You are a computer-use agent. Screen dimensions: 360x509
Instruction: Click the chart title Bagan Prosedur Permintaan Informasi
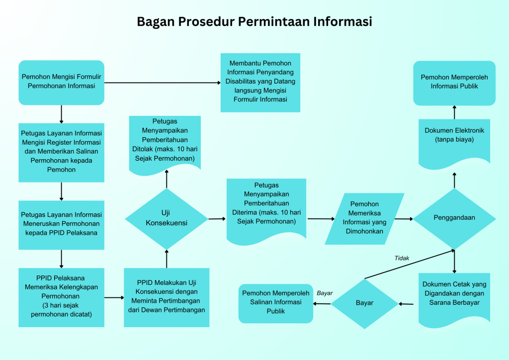[254, 22]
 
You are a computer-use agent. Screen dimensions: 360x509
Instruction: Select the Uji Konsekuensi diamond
[167, 219]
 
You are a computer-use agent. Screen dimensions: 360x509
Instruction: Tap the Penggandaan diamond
[454, 218]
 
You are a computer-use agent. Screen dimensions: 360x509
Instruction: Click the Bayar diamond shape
[364, 303]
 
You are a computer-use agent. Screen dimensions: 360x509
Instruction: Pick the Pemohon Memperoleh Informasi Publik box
[454, 82]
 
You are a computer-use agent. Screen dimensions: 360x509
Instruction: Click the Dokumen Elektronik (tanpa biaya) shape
[454, 140]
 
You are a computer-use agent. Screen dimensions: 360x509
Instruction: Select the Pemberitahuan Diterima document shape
[266, 209]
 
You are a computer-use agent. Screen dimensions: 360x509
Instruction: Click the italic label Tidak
[402, 258]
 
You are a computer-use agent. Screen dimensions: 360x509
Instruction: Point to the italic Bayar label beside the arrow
[325, 293]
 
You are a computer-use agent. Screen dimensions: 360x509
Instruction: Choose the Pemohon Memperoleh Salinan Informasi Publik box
[275, 302]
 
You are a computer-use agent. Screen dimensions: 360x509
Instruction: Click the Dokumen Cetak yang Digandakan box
[454, 297]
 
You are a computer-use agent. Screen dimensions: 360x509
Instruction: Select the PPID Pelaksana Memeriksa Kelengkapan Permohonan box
[62, 297]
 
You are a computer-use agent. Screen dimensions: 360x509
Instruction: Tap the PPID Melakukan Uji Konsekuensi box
[167, 297]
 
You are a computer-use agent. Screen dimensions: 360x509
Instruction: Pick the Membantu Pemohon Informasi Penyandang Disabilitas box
[260, 82]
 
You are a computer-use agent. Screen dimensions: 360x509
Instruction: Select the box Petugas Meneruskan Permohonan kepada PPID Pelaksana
[62, 224]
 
